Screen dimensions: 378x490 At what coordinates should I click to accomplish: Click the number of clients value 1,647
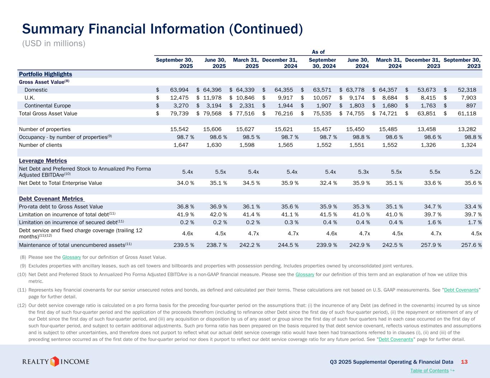(181, 145)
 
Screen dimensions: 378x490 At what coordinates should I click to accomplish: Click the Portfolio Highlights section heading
(45, 74)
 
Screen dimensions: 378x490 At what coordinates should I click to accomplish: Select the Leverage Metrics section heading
(43, 161)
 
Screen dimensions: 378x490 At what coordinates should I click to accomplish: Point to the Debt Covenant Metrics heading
(51, 199)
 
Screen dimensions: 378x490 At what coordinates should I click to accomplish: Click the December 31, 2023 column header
(423, 63)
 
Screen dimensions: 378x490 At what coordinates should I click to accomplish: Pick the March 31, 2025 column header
(246, 63)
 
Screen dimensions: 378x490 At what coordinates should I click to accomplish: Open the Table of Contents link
(429, 370)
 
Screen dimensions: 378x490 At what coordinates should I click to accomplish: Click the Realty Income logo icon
(54, 361)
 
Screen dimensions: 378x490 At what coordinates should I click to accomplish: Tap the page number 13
(464, 362)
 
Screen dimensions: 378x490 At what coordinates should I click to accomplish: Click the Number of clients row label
(40, 145)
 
